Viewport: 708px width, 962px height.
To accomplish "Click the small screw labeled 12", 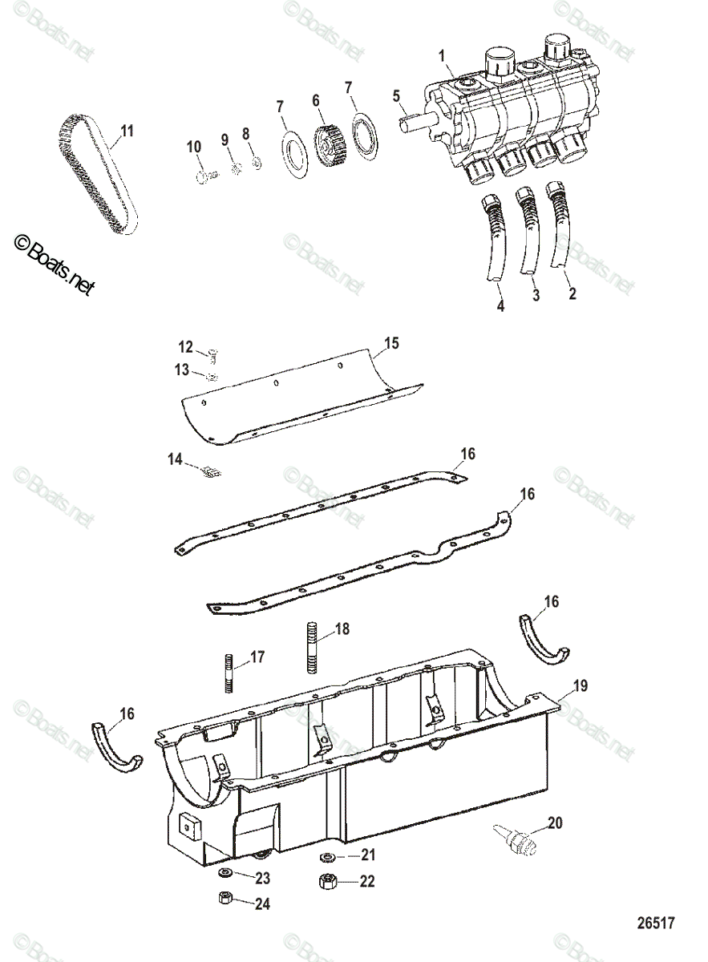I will [212, 352].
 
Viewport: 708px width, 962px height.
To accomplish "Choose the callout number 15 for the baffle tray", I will [390, 344].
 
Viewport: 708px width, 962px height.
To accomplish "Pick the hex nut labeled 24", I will [226, 897].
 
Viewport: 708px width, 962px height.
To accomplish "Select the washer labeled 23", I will [225, 873].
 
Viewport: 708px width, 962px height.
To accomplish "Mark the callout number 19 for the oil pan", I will [581, 685].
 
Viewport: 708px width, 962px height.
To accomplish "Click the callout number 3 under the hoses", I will [536, 295].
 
